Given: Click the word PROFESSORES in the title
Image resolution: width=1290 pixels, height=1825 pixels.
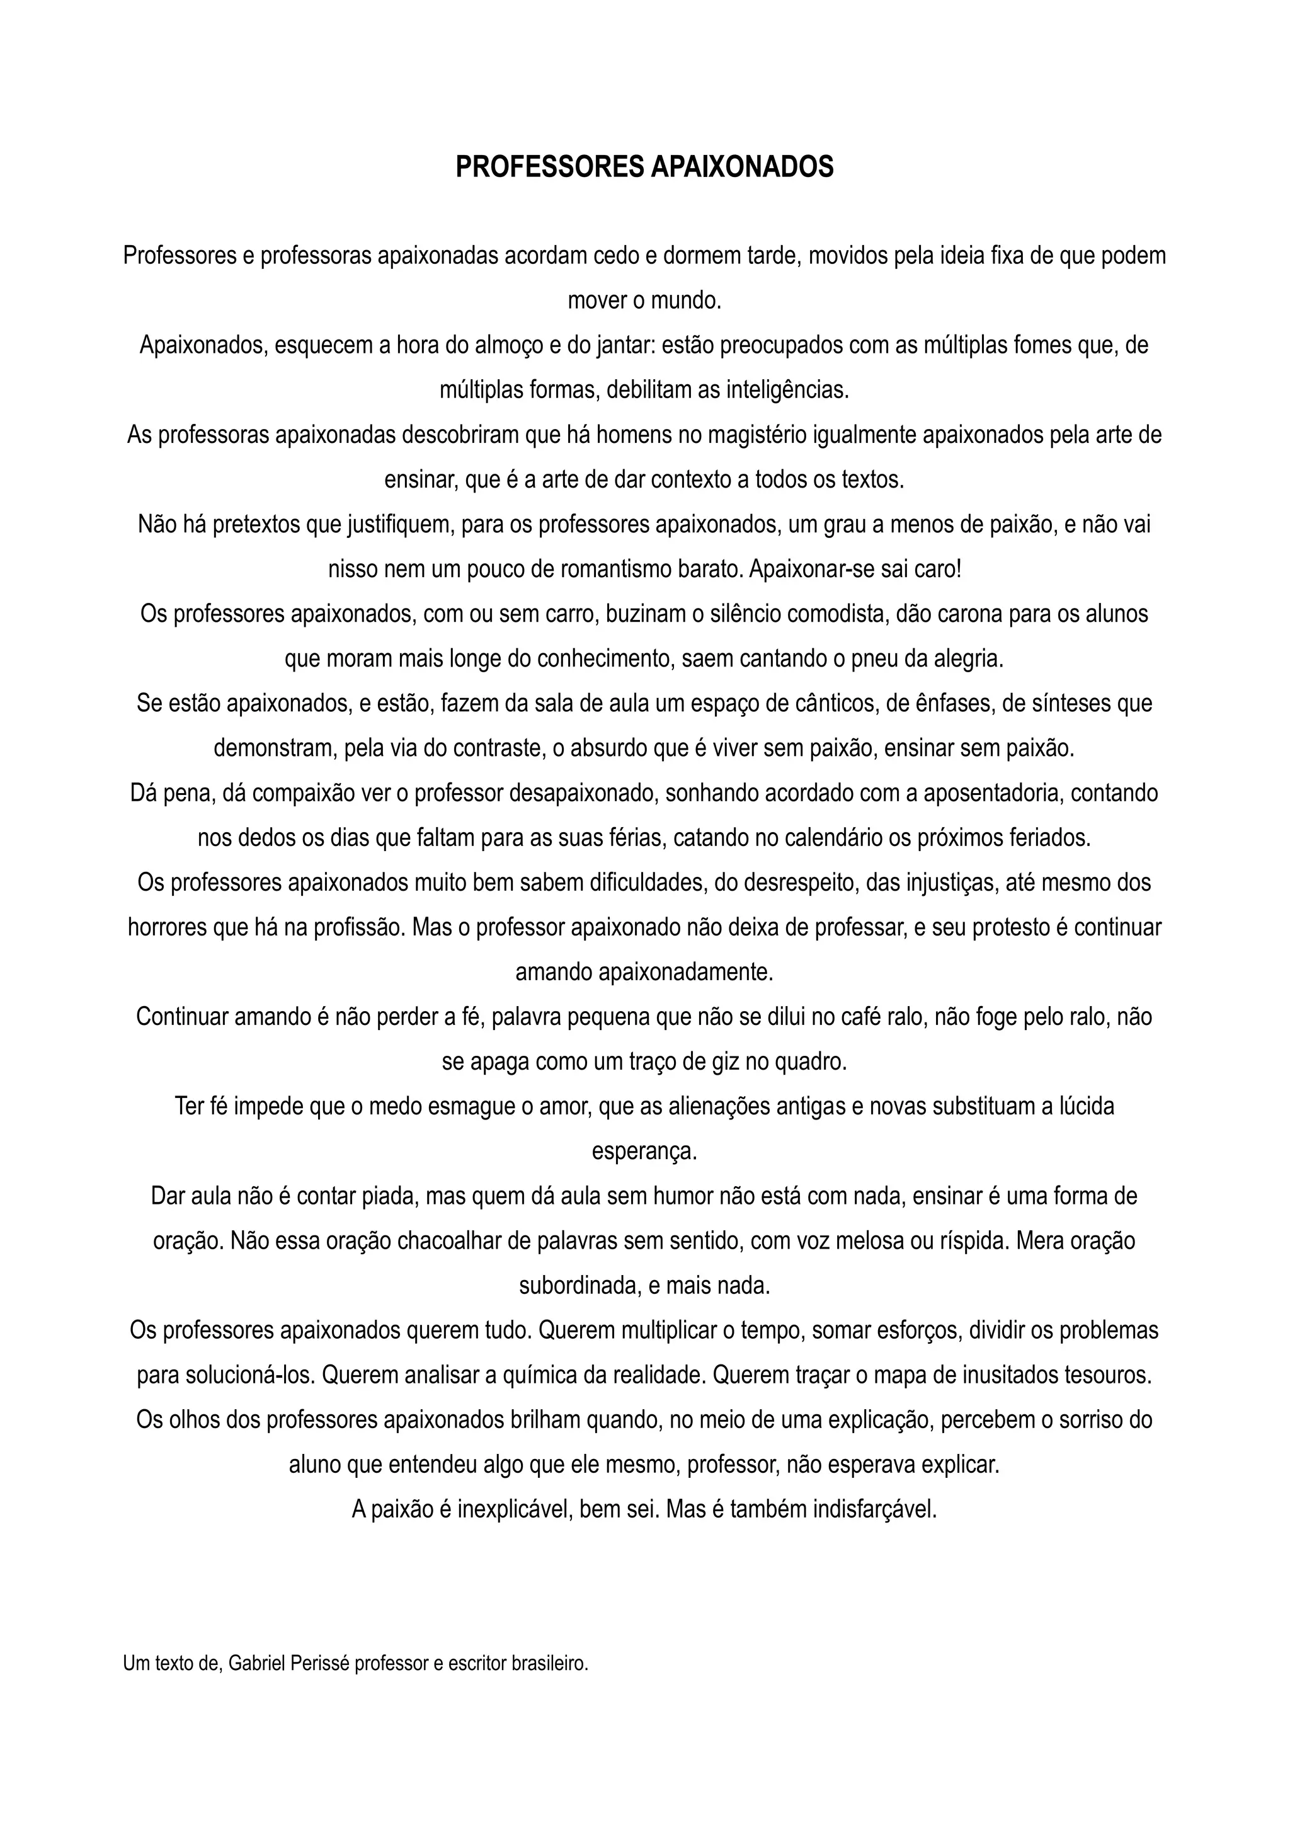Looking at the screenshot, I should coord(549,167).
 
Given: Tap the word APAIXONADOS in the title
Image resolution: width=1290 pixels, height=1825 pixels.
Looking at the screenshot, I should coord(743,167).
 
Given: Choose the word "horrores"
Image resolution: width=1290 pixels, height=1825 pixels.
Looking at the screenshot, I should coord(167,927).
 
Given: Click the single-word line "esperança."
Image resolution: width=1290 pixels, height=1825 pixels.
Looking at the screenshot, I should coord(644,1151).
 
